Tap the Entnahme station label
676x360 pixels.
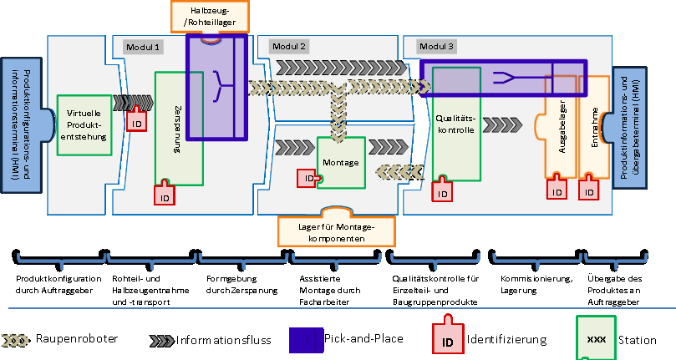(595, 125)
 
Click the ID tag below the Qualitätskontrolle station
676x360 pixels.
(443, 192)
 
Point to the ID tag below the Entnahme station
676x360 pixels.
(591, 190)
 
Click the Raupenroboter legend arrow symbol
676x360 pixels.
(18, 339)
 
